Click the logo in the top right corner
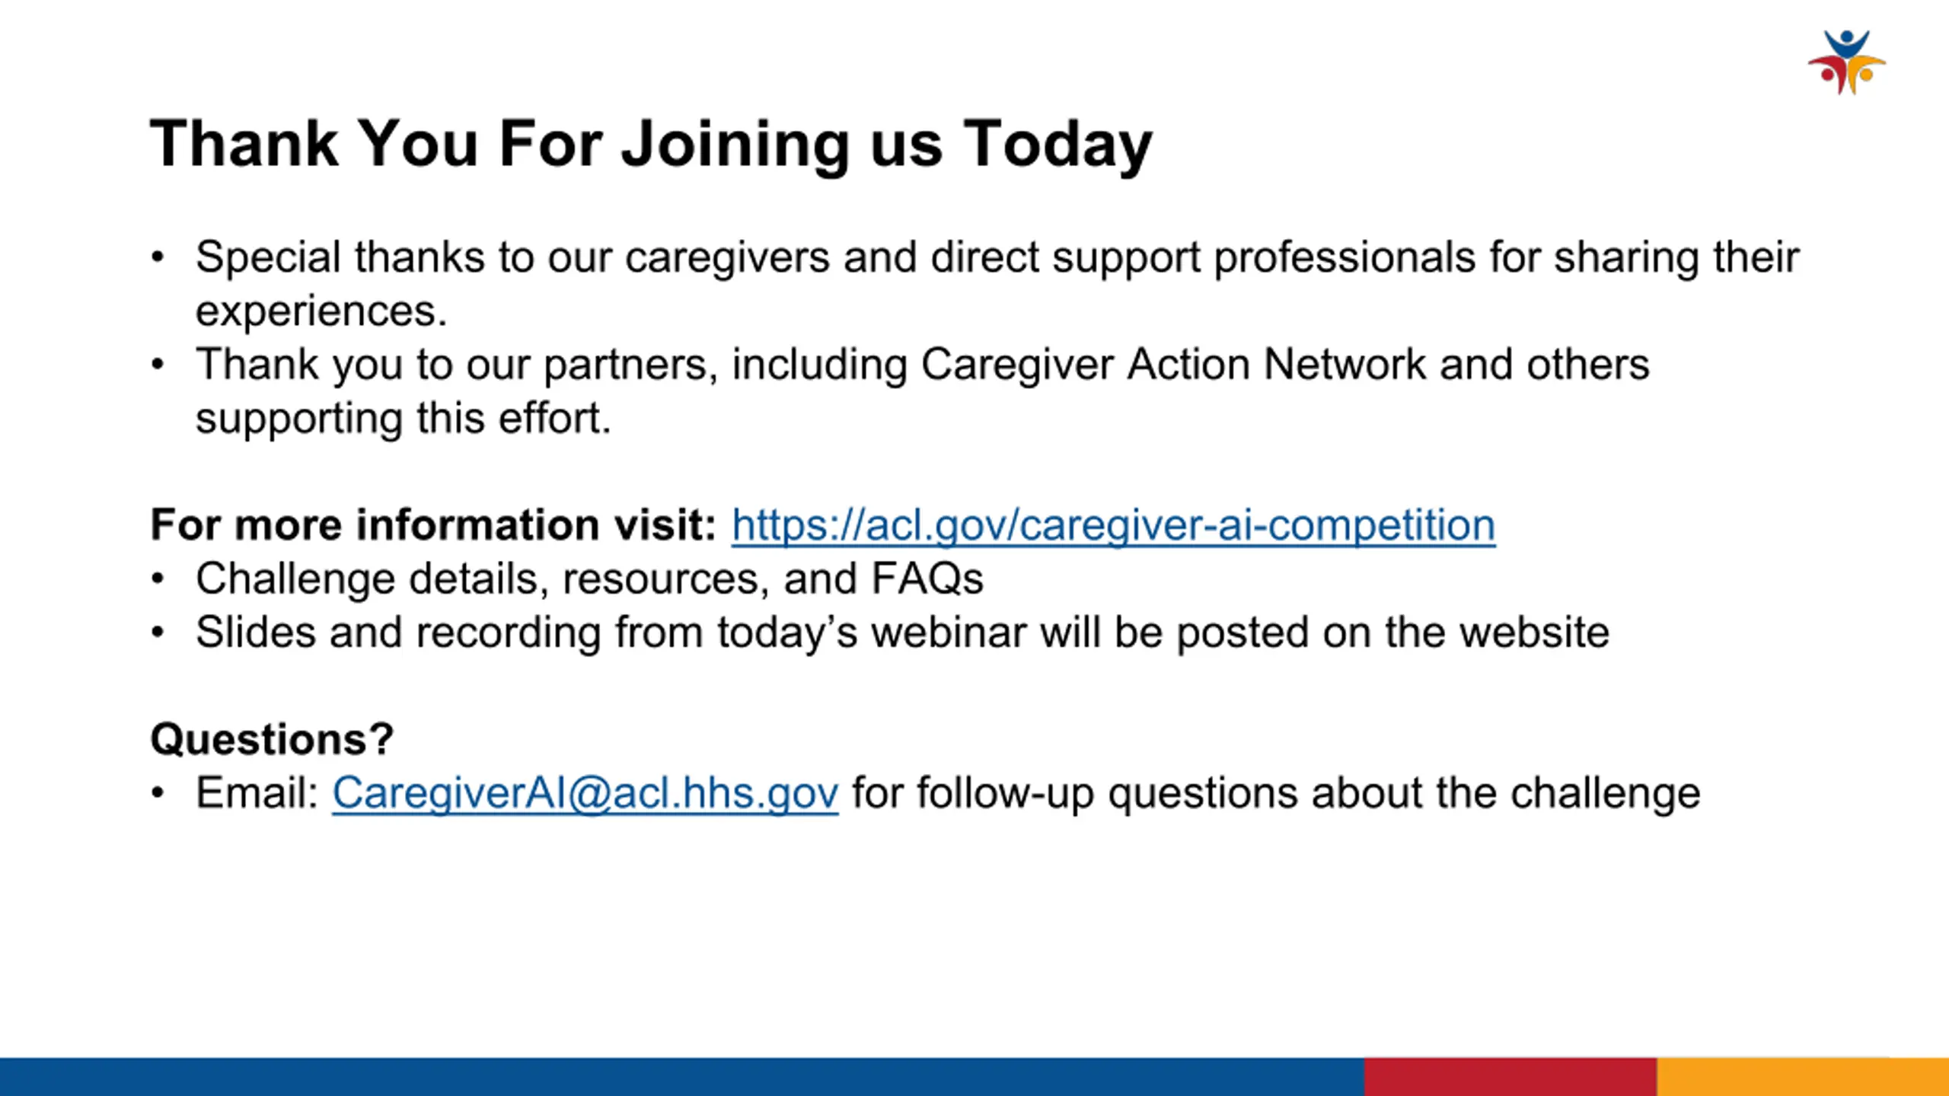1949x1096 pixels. (x=1847, y=62)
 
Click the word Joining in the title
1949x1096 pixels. (x=735, y=145)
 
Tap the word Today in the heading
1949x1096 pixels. (x=1058, y=145)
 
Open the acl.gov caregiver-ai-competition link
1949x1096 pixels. (x=1114, y=525)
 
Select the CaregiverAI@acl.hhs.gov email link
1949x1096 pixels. (x=585, y=793)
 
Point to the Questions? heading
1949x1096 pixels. (x=272, y=739)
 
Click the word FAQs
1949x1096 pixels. (x=927, y=578)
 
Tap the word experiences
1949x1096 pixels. (x=321, y=311)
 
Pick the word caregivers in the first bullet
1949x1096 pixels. (x=727, y=257)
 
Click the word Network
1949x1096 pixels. (x=1345, y=364)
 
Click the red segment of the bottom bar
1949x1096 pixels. (x=1510, y=1076)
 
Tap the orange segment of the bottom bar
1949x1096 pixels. (x=1803, y=1076)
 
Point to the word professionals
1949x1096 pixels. (x=1345, y=258)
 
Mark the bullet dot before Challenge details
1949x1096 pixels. (x=158, y=579)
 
